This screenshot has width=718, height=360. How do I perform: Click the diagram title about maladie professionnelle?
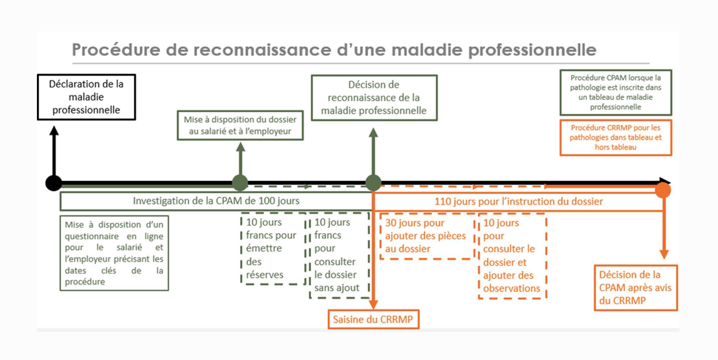[x=334, y=50]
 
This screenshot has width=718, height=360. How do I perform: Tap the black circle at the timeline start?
[x=54, y=183]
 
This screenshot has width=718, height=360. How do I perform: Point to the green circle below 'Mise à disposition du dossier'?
[x=240, y=183]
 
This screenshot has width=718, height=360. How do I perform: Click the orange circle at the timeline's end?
[x=663, y=190]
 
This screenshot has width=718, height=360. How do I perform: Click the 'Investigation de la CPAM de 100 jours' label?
[x=216, y=201]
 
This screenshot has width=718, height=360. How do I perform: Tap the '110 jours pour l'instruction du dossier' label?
[x=519, y=201]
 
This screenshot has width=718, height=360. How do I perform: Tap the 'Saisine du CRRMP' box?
[x=374, y=319]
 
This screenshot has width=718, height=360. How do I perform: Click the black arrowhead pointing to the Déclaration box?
[x=54, y=131]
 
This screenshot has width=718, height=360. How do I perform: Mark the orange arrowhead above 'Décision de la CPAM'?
[x=664, y=254]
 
